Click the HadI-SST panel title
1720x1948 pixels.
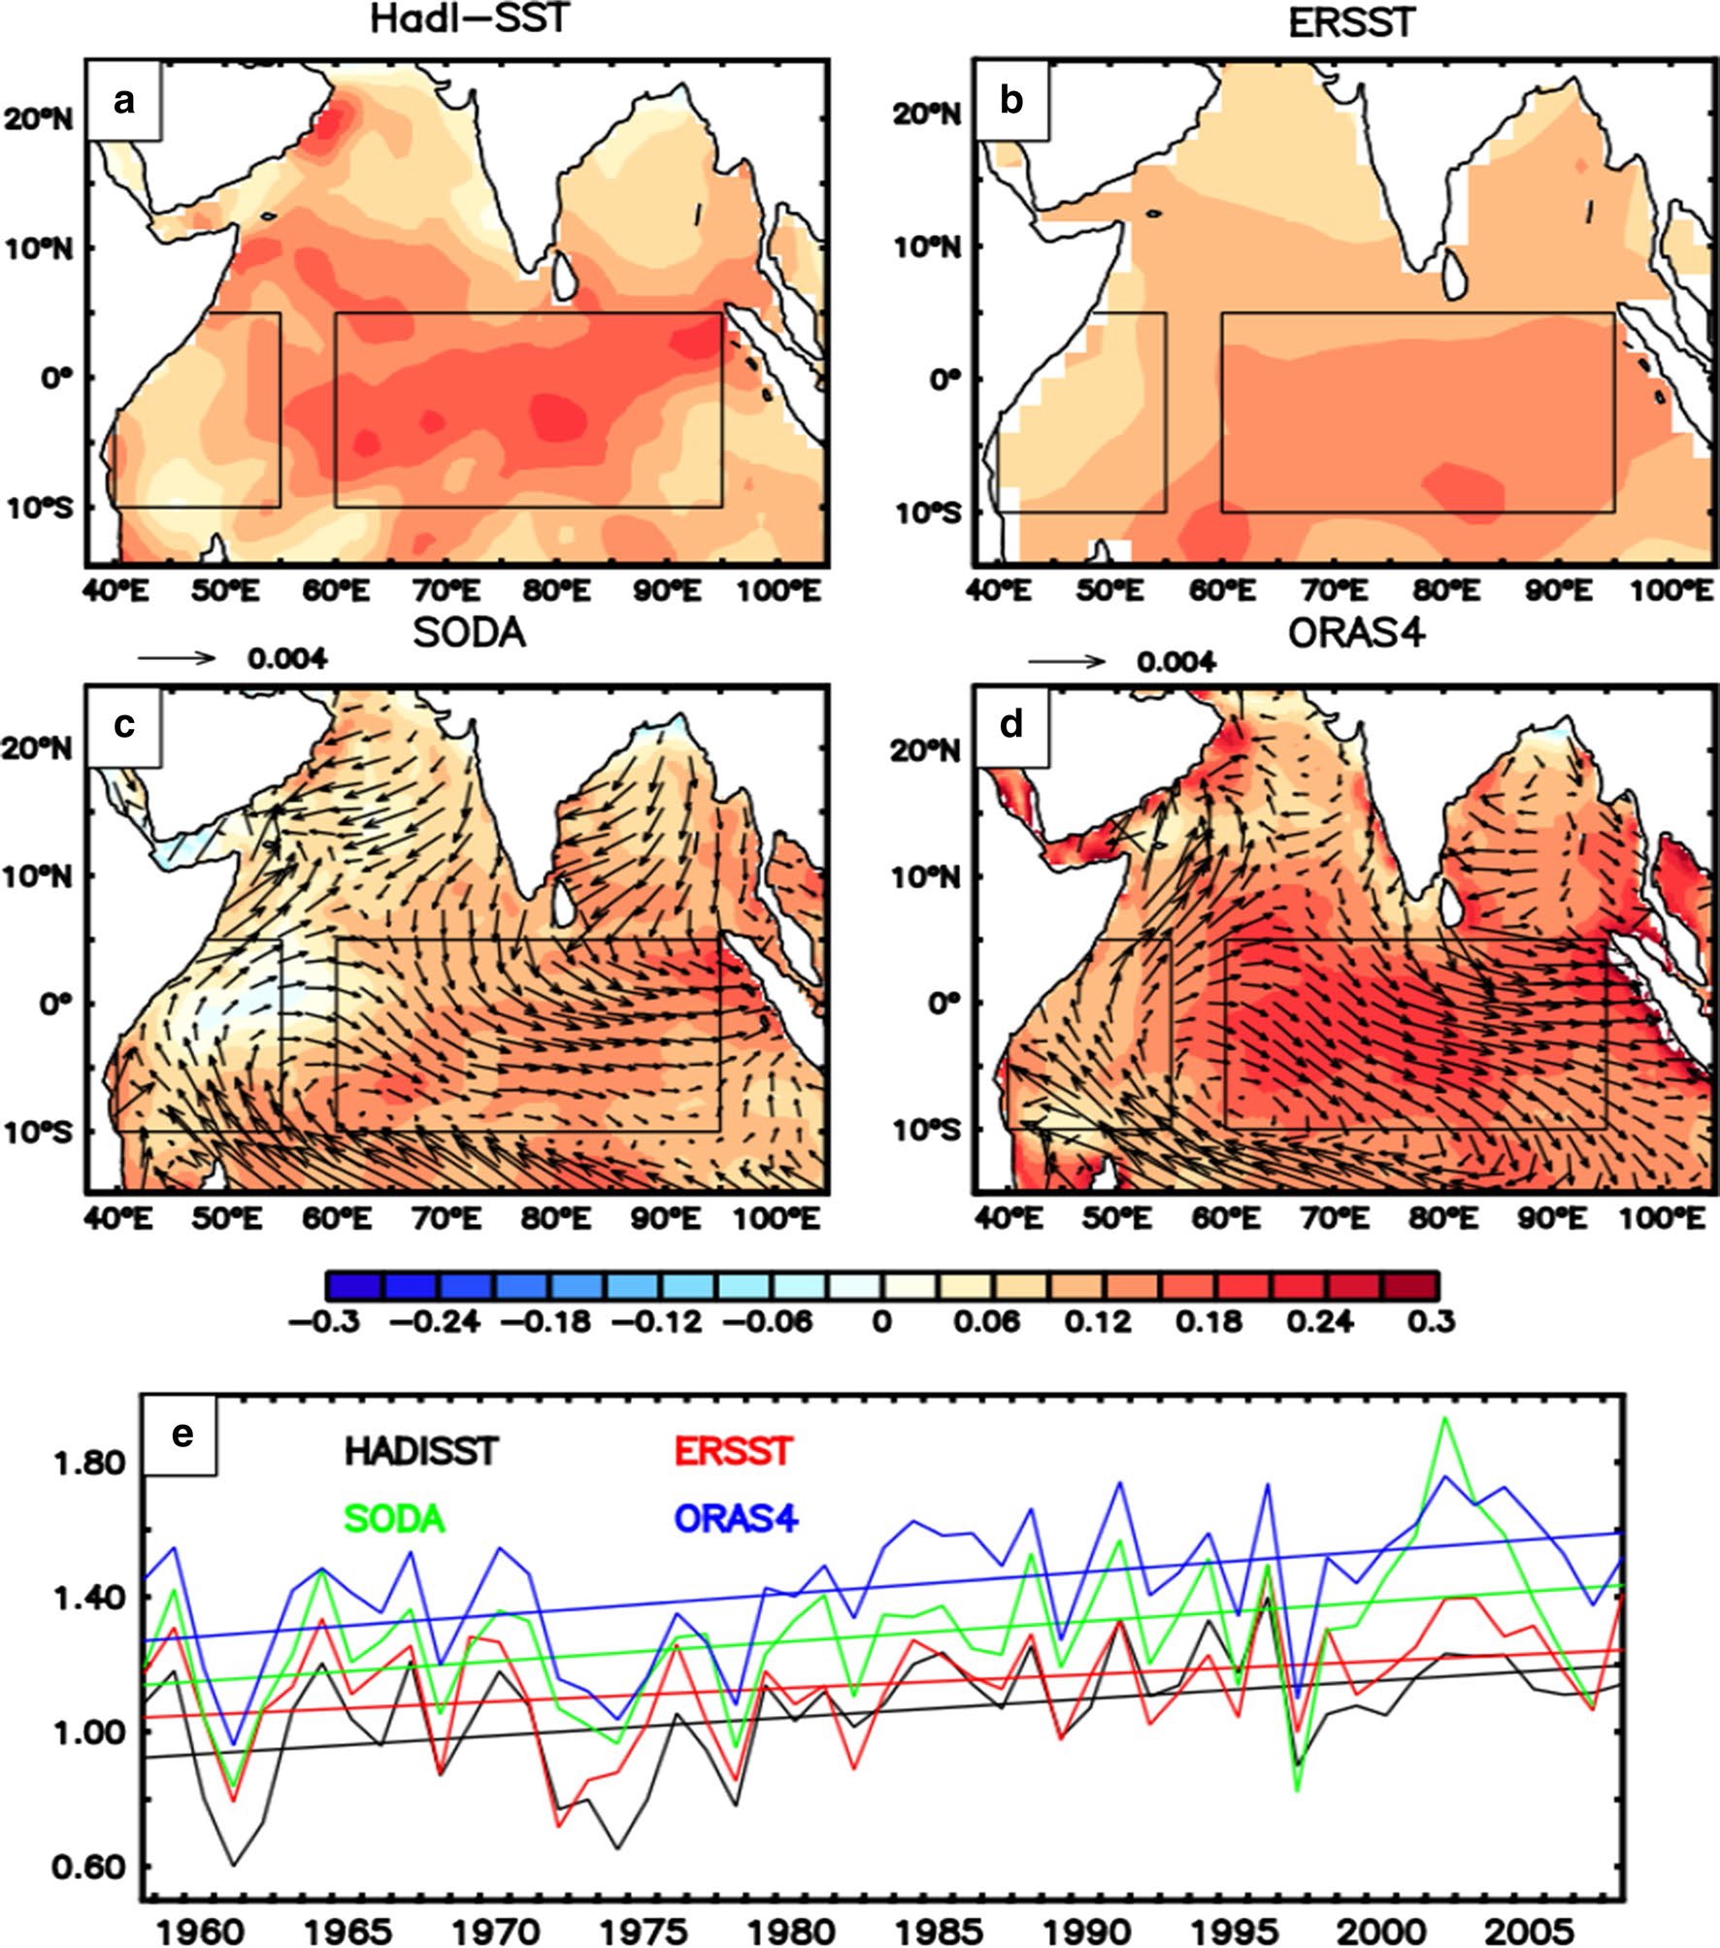coord(468,18)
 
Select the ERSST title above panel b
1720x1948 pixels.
coord(1352,22)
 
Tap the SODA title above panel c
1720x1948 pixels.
coord(469,633)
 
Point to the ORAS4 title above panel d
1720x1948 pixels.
coord(1357,633)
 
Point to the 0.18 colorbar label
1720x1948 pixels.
coord(1214,1321)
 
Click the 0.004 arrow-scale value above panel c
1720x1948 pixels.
coord(286,660)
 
